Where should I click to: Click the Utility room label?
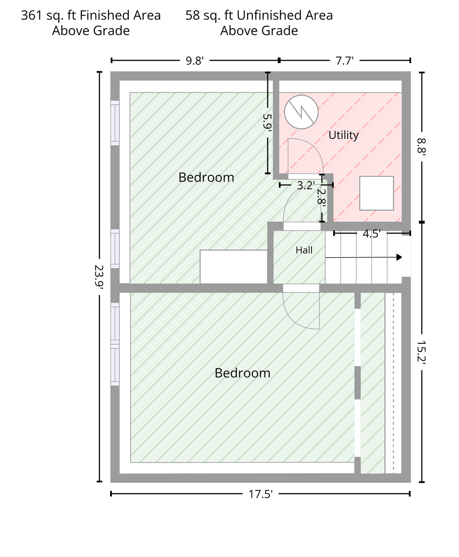[343, 135]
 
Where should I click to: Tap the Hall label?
[304, 250]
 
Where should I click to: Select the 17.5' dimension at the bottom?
[261, 494]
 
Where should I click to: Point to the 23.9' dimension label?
[99, 277]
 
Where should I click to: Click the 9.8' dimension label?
[195, 61]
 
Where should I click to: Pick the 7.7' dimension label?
[344, 61]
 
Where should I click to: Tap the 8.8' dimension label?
[422, 147]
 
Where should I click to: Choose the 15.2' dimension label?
[422, 352]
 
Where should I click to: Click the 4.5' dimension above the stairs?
[372, 234]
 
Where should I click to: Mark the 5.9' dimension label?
[267, 122]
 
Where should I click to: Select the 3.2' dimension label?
[306, 185]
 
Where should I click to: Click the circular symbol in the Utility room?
[301, 112]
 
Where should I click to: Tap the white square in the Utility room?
[377, 193]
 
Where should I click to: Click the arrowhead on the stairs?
[399, 257]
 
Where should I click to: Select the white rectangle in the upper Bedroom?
[234, 267]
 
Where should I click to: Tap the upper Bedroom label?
[206, 178]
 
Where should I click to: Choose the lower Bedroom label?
[242, 373]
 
